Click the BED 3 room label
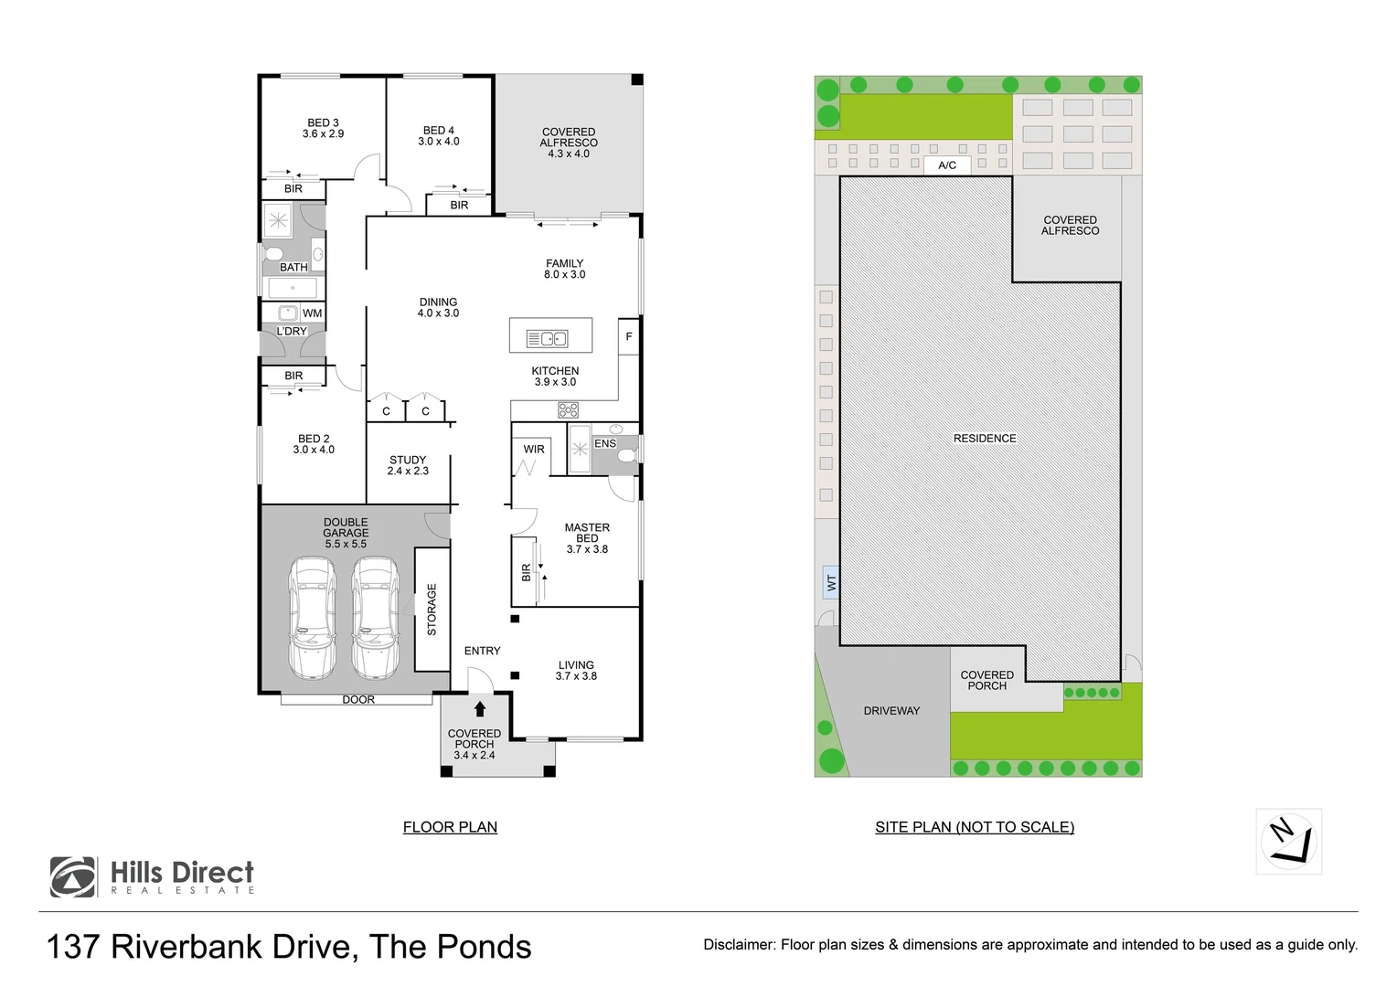pos(323,128)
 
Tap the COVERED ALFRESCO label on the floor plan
pos(568,143)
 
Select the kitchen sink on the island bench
pos(547,339)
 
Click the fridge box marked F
pos(628,337)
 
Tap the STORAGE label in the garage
pos(432,610)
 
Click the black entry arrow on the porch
pos(479,708)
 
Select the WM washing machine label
pos(312,313)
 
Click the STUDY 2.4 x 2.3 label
pos(408,465)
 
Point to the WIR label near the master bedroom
pos(534,450)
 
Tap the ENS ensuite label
pos(605,443)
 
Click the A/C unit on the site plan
pos(947,165)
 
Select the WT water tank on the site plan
pos(831,581)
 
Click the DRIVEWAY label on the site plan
pos(891,711)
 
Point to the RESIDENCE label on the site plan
pos(985,439)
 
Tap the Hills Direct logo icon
pos(73,877)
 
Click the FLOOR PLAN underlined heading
pos(450,827)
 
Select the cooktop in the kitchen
pos(568,409)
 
